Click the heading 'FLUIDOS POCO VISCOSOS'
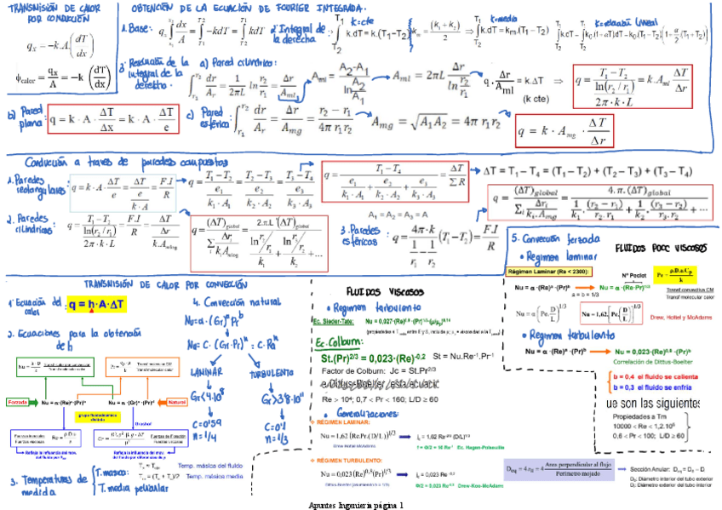point(661,249)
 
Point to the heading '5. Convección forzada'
point(550,238)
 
